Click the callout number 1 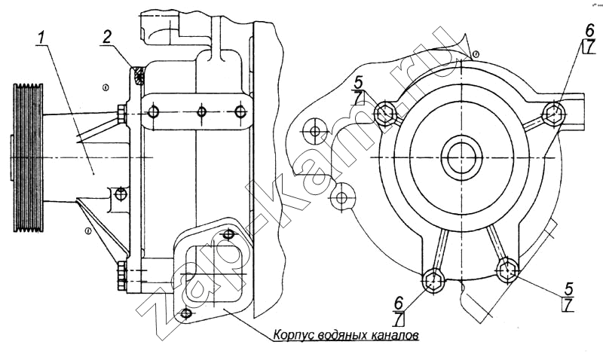pyautogui.click(x=44, y=35)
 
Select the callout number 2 pyautogui.click(x=108, y=35)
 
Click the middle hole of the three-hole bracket pyautogui.click(x=201, y=113)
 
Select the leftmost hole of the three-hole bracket pyautogui.click(x=155, y=113)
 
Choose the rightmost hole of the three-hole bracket pyautogui.click(x=240, y=113)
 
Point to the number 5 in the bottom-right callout pyautogui.click(x=569, y=288)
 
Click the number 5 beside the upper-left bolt pyautogui.click(x=360, y=81)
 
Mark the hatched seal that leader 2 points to pyautogui.click(x=139, y=76)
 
